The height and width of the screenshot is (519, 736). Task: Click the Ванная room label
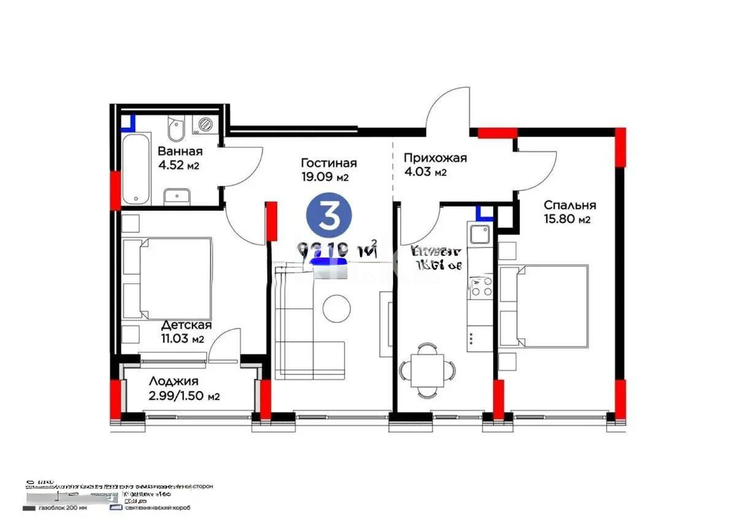pyautogui.click(x=180, y=151)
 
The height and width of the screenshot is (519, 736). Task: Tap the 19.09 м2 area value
pyautogui.click(x=324, y=178)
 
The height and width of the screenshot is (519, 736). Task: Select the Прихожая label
pyautogui.click(x=435, y=158)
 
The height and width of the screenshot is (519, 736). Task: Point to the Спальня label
pyautogui.click(x=569, y=205)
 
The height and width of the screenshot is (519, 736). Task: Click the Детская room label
pyautogui.click(x=186, y=325)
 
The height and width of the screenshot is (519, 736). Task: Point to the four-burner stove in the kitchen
pyautogui.click(x=480, y=286)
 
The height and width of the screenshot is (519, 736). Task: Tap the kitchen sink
pyautogui.click(x=478, y=234)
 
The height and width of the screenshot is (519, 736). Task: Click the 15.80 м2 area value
pyautogui.click(x=567, y=219)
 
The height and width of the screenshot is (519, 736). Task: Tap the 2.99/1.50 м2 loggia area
pyautogui.click(x=184, y=396)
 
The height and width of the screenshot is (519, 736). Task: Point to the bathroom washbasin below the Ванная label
pyautogui.click(x=177, y=196)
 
